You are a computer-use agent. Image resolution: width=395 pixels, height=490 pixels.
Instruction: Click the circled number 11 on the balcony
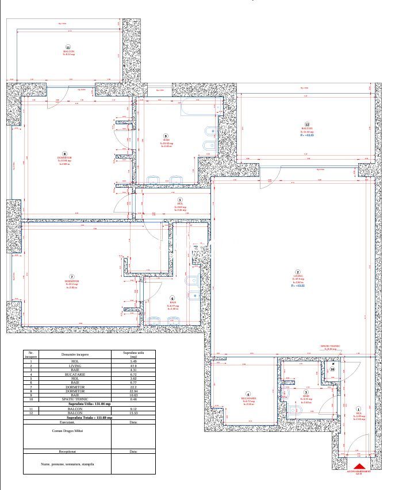(x=68, y=48)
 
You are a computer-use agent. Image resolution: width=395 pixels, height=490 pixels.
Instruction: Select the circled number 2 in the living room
(x=298, y=272)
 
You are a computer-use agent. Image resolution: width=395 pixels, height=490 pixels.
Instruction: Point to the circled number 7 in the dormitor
(x=72, y=276)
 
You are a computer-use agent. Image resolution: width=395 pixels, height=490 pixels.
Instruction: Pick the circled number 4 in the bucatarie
(x=248, y=394)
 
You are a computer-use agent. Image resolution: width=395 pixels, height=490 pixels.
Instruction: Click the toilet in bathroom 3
(x=294, y=410)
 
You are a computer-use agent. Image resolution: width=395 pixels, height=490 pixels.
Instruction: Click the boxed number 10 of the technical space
(x=332, y=369)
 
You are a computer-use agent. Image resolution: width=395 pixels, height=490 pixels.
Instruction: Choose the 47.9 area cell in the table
(x=133, y=365)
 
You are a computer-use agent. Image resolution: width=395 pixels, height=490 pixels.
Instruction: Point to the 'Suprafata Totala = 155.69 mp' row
(x=89, y=417)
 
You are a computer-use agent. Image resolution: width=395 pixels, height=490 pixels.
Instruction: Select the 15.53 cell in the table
(x=133, y=413)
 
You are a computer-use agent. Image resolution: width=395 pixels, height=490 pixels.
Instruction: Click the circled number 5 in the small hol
(x=179, y=200)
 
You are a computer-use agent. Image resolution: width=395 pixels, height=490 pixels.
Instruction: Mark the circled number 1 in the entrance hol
(x=359, y=408)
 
